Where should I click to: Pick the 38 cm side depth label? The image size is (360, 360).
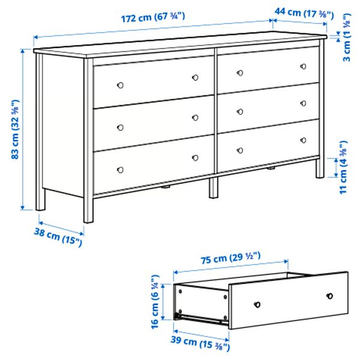click(57, 237)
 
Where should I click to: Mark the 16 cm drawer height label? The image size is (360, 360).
click(157, 302)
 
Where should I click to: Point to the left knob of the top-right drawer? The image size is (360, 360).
click(241, 73)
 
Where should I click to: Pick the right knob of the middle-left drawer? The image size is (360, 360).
click(195, 118)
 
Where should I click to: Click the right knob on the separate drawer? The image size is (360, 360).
click(329, 295)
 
